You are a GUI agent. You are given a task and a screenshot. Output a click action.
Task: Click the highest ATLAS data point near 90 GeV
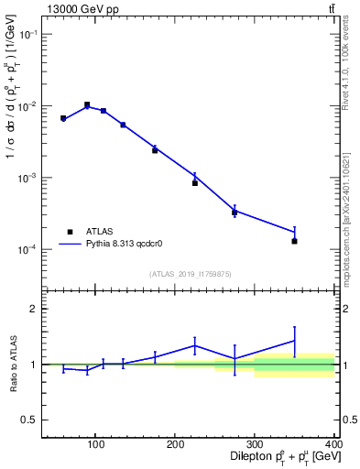click(x=87, y=105)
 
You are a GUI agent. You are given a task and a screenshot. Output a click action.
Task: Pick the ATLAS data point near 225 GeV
click(x=195, y=183)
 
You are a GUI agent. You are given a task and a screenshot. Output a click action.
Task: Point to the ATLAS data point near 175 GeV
click(x=155, y=150)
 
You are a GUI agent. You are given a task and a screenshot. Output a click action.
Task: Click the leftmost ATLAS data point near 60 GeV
click(x=63, y=118)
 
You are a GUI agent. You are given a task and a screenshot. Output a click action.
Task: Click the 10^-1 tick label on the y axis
click(x=27, y=34)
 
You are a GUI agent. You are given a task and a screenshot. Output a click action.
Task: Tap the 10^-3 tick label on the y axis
click(x=27, y=178)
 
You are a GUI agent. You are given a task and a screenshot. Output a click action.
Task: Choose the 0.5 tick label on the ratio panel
click(x=28, y=420)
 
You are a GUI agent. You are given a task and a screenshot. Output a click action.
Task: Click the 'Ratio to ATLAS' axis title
click(x=12, y=365)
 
